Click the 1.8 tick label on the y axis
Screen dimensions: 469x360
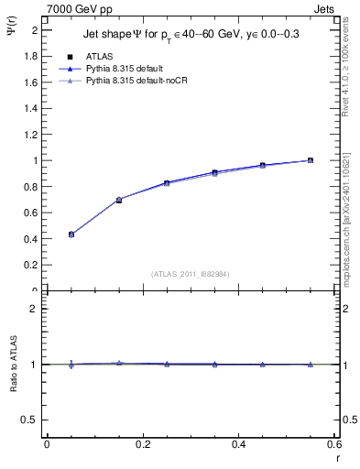(30, 56)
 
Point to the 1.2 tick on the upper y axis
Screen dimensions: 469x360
(30, 135)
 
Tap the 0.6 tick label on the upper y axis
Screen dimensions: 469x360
(30, 213)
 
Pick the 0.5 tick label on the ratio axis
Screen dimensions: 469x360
(30, 420)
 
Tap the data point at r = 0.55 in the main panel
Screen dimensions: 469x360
(310, 160)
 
